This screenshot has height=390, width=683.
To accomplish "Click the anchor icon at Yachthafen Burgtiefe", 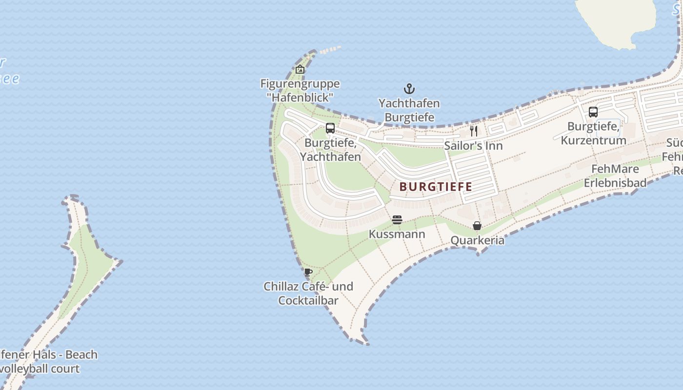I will [409, 89].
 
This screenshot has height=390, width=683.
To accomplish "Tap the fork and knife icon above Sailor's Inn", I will [473, 131].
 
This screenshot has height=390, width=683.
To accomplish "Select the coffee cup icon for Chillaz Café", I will [308, 272].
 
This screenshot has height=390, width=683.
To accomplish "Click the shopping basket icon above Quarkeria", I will [477, 226].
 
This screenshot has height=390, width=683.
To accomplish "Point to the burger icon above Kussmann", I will [397, 220].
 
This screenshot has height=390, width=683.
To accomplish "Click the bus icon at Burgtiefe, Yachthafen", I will [330, 128].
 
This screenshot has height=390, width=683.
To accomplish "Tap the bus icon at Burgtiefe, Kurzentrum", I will [593, 112].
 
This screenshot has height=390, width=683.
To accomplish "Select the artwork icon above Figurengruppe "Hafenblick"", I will [300, 70].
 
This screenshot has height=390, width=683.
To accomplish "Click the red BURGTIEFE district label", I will [436, 187].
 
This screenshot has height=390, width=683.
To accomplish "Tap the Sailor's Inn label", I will [473, 146].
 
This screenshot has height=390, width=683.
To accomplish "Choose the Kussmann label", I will [397, 234].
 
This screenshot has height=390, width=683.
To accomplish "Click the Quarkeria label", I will [477, 240].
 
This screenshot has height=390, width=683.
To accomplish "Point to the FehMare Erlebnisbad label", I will [615, 176].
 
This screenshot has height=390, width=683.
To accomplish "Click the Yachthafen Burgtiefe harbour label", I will [409, 110].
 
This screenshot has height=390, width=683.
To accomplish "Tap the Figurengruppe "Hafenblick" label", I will [300, 90].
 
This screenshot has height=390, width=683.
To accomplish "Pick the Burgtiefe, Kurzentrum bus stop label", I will [593, 134].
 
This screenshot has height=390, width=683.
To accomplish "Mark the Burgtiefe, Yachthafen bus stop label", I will [330, 150].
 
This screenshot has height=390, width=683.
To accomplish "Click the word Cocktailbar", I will [308, 300].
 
